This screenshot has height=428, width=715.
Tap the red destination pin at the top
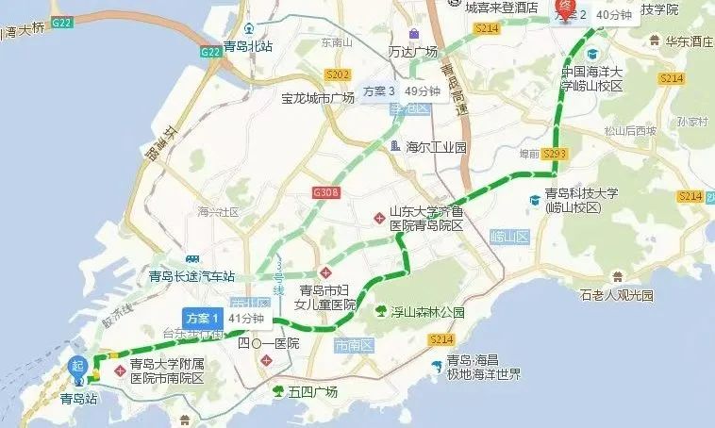coord(563,9)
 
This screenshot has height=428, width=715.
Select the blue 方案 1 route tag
coord(201,317)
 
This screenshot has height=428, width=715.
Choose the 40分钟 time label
coord(613,15)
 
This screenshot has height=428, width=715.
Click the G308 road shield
coord(324,193)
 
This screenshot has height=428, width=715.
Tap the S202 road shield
coord(337,74)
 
